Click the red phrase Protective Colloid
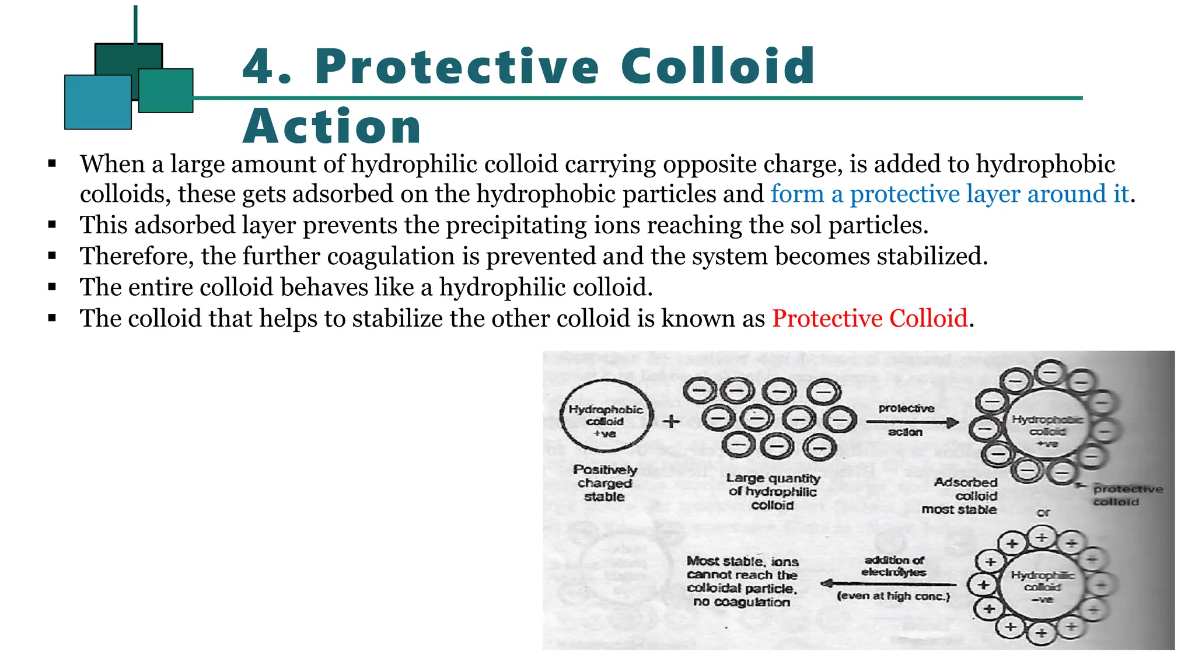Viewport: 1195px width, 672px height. point(869,318)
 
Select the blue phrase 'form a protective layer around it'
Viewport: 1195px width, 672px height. point(949,194)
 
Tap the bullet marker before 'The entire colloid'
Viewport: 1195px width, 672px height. point(53,287)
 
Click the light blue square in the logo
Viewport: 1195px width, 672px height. point(97,102)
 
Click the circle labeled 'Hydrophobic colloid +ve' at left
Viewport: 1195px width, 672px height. point(606,415)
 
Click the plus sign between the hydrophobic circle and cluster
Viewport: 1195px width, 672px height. point(671,421)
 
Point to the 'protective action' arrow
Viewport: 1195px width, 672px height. point(911,422)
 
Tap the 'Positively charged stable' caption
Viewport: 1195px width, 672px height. point(605,483)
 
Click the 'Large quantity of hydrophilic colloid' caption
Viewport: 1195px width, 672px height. point(773,491)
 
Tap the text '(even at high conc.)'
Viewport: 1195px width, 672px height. point(893,596)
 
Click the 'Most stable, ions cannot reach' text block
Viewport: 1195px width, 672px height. point(742,582)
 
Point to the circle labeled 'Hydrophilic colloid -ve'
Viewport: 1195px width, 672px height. point(1042,586)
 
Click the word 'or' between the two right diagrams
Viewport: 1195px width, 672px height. point(1043,513)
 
